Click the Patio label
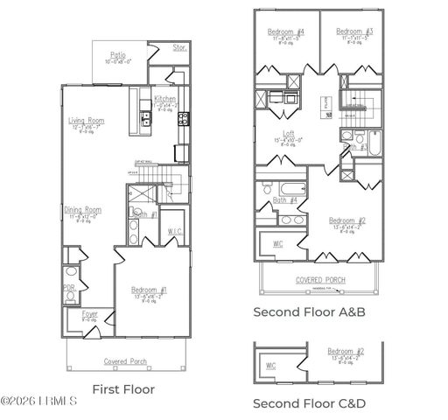tap(117, 54)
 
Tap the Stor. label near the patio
tap(179, 48)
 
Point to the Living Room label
tap(87, 121)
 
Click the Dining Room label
tap(83, 210)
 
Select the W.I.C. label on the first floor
tap(174, 231)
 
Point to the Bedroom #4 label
tap(285, 31)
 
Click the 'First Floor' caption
tap(123, 388)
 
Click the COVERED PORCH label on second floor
tap(321, 281)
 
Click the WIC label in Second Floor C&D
tap(272, 366)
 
